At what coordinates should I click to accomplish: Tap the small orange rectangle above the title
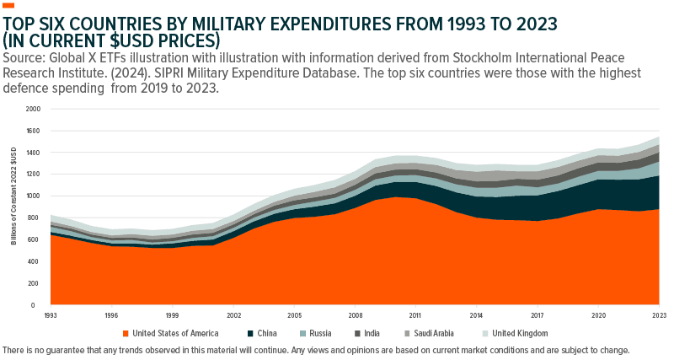pyautogui.click(x=9, y=6)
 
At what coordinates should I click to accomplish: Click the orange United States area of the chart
pyautogui.click(x=337, y=261)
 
